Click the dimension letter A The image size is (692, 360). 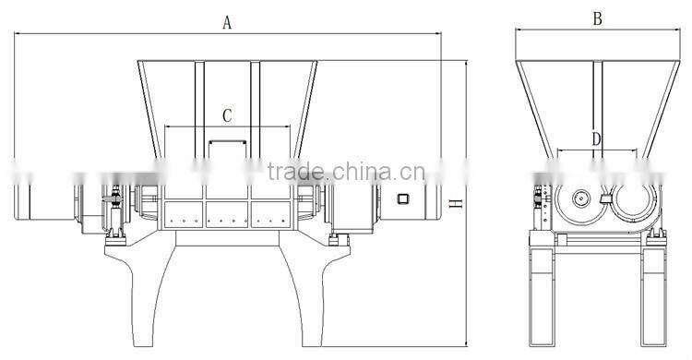[227, 22]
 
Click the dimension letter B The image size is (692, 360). [597, 19]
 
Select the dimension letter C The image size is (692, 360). [227, 116]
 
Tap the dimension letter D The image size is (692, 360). [596, 139]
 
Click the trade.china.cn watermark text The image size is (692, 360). [346, 172]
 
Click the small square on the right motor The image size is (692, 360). [402, 198]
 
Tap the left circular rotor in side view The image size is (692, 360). [580, 198]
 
